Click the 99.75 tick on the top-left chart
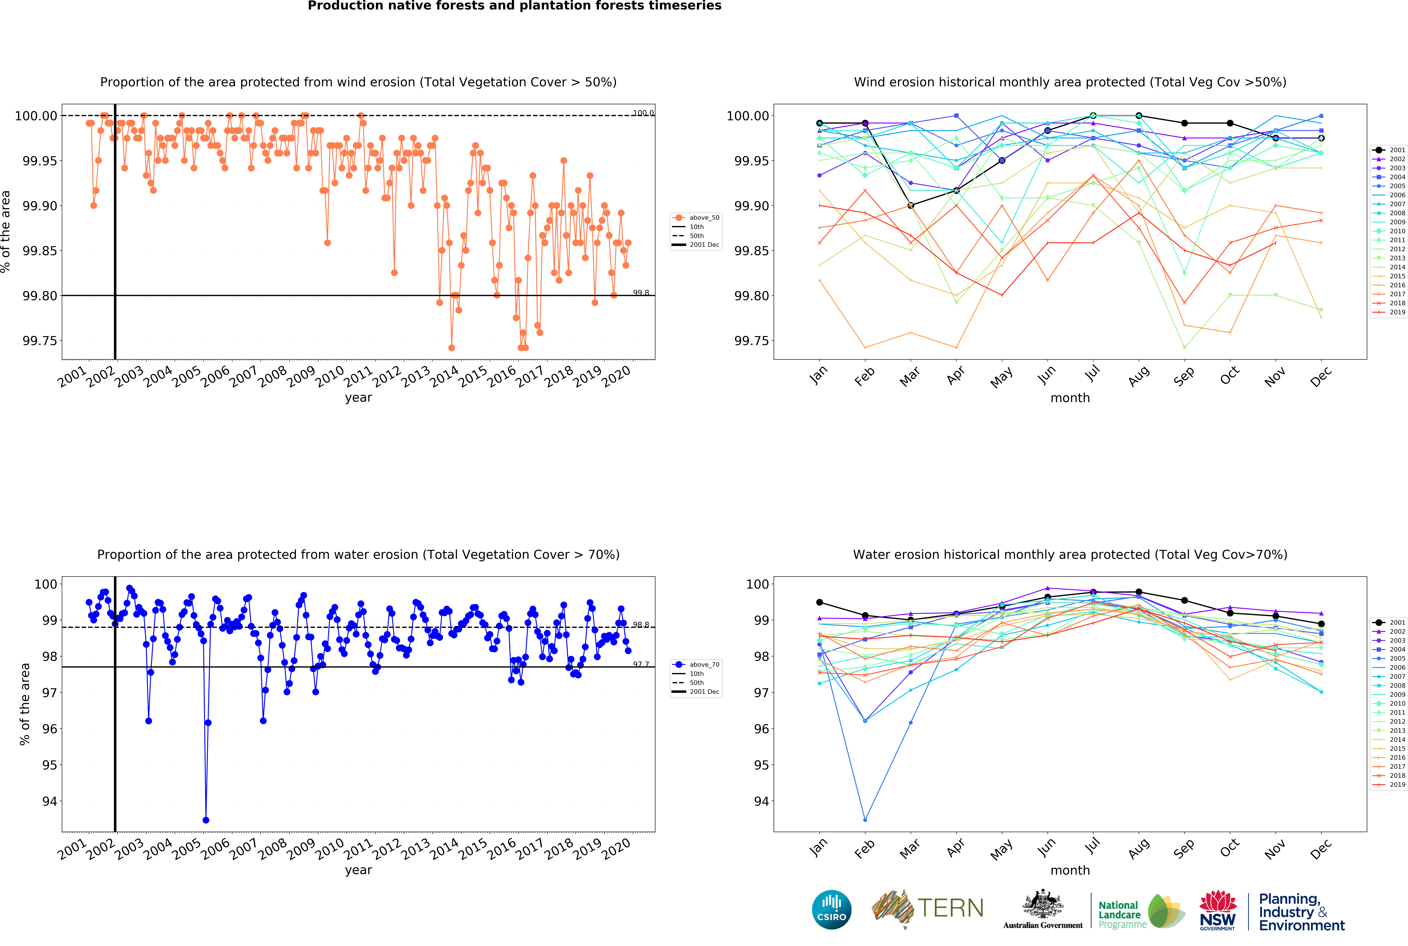[x=40, y=341]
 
